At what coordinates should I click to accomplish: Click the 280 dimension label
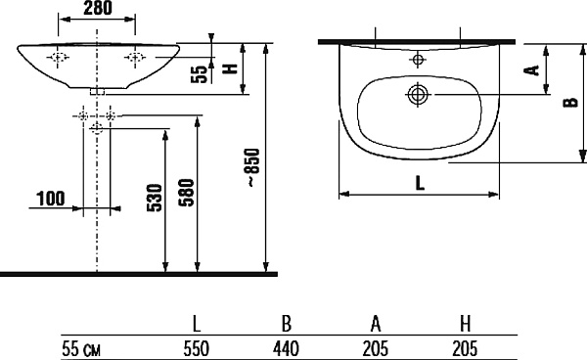tap(97, 8)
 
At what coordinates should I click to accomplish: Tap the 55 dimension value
tap(200, 74)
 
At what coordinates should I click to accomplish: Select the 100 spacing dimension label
tap(51, 199)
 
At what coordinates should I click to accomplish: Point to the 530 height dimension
tap(155, 198)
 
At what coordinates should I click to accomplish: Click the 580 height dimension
tap(187, 193)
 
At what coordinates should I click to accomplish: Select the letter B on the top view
tap(571, 102)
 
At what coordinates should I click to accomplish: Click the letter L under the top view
tap(420, 183)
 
